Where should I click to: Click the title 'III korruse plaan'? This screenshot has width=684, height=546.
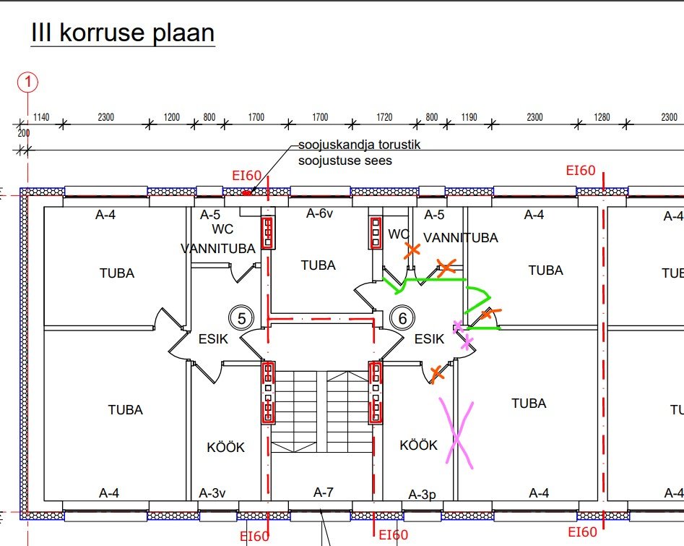pyautogui.click(x=123, y=33)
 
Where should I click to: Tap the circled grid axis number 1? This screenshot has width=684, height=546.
pyautogui.click(x=28, y=82)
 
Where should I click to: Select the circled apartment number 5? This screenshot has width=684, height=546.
pyautogui.click(x=242, y=317)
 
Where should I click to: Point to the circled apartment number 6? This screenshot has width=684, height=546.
pyautogui.click(x=403, y=317)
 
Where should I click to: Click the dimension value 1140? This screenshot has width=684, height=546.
pyautogui.click(x=41, y=117)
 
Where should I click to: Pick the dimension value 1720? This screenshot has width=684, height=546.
pyautogui.click(x=384, y=117)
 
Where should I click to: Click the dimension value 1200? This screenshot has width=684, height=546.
pyautogui.click(x=171, y=117)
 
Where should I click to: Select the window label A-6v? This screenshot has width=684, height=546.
pyautogui.click(x=319, y=213)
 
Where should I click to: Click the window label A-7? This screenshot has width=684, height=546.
pyautogui.click(x=324, y=492)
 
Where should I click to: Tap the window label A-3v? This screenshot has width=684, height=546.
pyautogui.click(x=212, y=493)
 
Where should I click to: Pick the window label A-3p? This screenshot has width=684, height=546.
pyautogui.click(x=423, y=495)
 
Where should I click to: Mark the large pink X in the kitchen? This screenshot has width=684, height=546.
pyautogui.click(x=456, y=432)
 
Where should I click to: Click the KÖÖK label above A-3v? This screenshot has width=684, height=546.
pyautogui.click(x=226, y=448)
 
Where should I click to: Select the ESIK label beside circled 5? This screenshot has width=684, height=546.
pyautogui.click(x=213, y=338)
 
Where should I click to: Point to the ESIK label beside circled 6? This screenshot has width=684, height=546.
pyautogui.click(x=429, y=338)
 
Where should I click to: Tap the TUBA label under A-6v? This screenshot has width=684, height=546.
pyautogui.click(x=319, y=265)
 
